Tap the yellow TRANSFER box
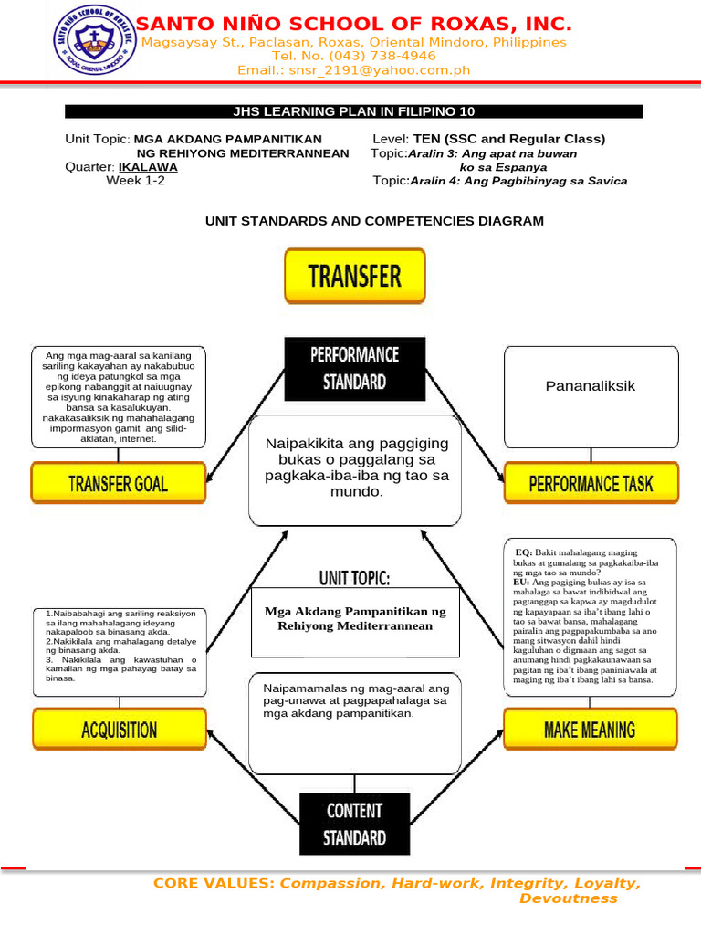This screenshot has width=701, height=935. (x=355, y=276)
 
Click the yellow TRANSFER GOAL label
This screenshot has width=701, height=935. (x=118, y=482)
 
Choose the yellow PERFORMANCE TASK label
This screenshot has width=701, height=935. (x=591, y=482)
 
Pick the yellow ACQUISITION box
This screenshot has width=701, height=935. (x=118, y=730)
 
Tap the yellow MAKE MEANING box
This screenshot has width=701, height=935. (x=591, y=730)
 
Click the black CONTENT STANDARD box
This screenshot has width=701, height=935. (x=355, y=824)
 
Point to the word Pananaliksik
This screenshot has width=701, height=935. (x=591, y=386)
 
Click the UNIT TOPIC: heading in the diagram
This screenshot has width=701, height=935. (x=355, y=578)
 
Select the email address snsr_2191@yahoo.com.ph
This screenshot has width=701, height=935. (x=353, y=70)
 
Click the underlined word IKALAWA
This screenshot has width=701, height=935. (x=148, y=168)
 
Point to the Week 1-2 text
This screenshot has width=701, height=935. (x=136, y=181)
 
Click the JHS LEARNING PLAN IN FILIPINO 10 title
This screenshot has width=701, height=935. (x=354, y=111)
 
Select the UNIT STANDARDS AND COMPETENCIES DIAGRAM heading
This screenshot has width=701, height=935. (x=374, y=221)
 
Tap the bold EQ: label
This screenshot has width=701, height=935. (x=525, y=552)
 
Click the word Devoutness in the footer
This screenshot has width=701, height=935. (x=568, y=898)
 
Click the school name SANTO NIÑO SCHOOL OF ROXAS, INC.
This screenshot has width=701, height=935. (x=354, y=24)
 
